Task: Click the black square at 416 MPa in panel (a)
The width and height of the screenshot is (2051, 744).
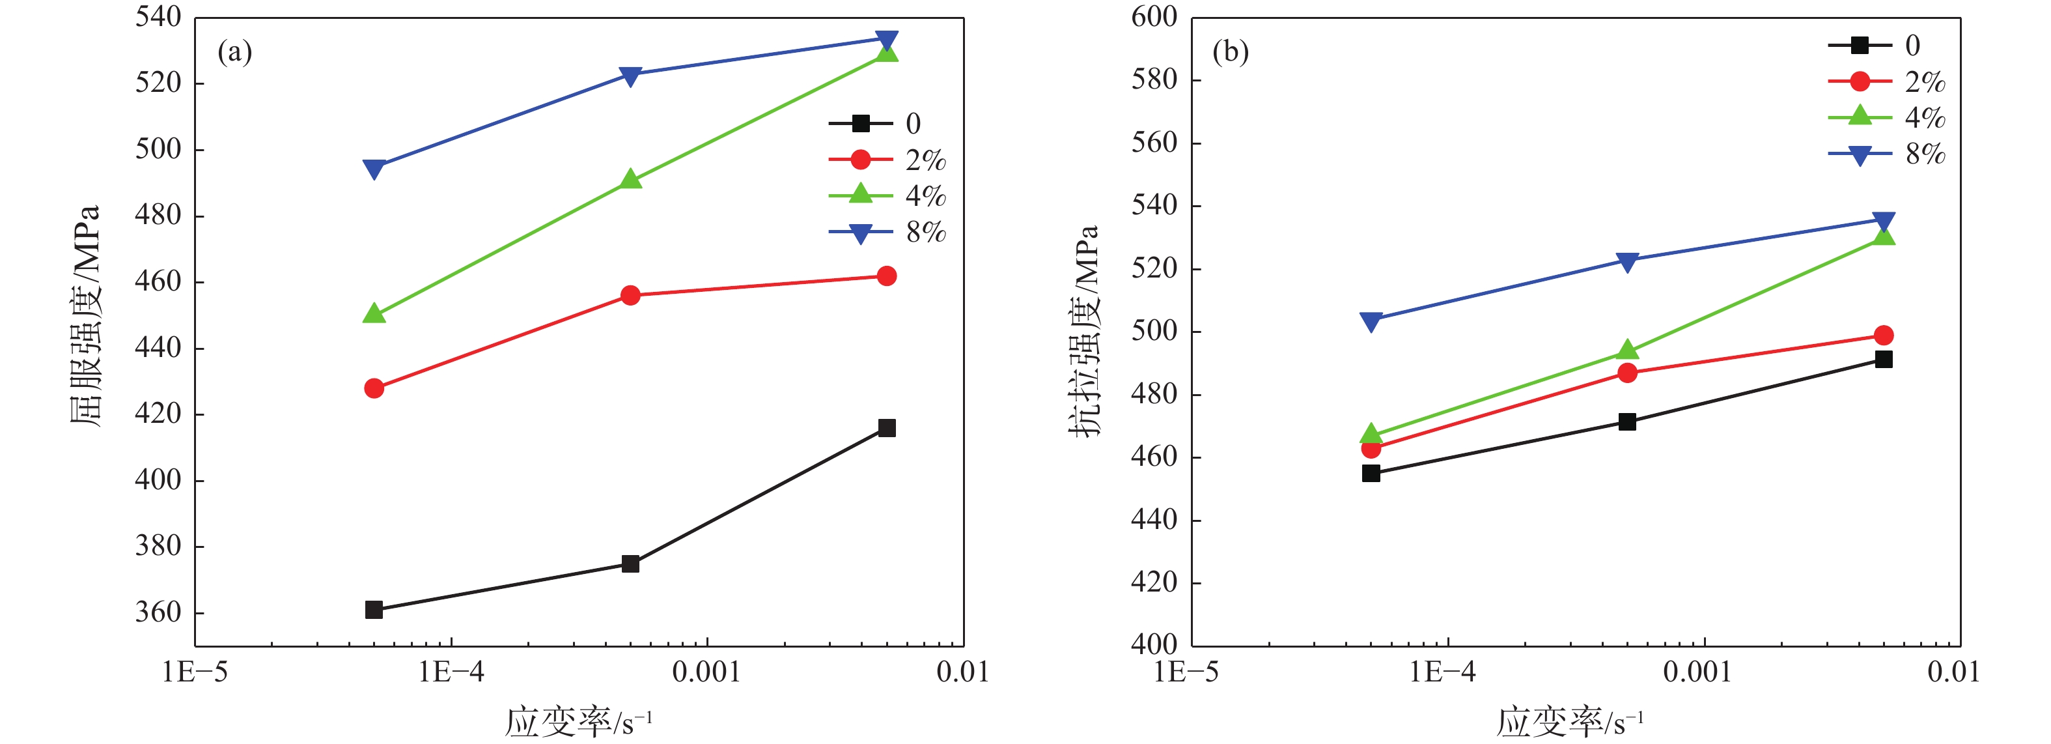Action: tap(886, 428)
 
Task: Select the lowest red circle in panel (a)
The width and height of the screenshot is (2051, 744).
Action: tap(374, 388)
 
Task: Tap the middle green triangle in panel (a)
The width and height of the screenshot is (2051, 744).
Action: tap(630, 179)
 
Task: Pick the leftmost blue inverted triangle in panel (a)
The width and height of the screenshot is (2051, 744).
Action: tap(374, 169)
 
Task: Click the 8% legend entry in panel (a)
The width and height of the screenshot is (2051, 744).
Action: tap(887, 233)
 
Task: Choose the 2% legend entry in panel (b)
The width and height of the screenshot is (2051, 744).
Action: tap(1886, 81)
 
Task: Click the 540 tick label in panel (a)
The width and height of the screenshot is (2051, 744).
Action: tap(158, 17)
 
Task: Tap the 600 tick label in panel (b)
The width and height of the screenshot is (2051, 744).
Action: tap(1154, 17)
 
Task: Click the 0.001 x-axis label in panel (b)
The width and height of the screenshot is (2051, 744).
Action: tap(1697, 673)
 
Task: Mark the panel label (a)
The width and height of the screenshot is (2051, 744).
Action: tap(235, 53)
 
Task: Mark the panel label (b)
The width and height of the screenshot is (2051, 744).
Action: tap(1230, 53)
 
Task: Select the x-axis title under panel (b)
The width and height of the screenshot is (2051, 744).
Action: tap(1569, 722)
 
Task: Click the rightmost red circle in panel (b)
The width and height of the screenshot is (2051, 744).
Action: tap(1883, 336)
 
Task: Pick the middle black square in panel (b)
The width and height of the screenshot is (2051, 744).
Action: tap(1627, 422)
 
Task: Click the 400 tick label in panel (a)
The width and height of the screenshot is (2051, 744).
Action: tap(158, 479)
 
